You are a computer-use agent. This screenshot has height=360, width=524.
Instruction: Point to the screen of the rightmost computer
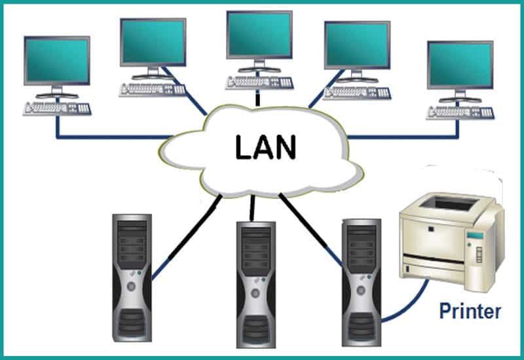point(459,65)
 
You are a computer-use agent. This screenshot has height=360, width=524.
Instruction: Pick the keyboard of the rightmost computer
point(460,112)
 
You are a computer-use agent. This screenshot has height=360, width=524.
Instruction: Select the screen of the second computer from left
point(151,42)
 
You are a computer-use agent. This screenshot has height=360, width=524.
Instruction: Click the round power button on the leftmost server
point(131,287)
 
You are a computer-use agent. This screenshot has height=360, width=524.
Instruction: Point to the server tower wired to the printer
point(360,281)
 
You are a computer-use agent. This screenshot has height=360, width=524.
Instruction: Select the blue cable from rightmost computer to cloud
point(406,137)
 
